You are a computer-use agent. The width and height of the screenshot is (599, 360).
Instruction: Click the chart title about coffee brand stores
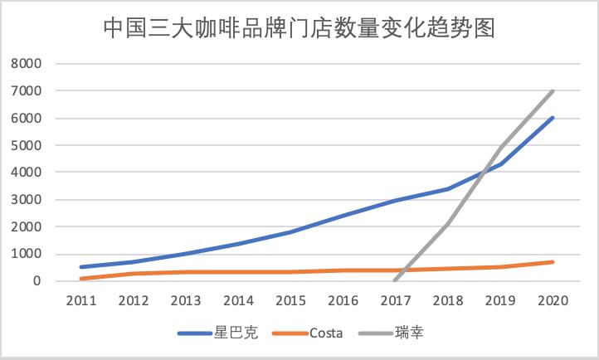(x=299, y=28)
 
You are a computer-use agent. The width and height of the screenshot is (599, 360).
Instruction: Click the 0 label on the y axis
(x=37, y=281)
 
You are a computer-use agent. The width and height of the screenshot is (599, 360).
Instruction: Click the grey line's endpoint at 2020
(x=553, y=91)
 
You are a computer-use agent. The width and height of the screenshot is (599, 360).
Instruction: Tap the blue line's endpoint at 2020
(x=553, y=118)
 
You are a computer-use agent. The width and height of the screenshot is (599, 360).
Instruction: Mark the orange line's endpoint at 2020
(x=553, y=262)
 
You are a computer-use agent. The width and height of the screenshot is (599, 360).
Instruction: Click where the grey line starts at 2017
(x=396, y=280)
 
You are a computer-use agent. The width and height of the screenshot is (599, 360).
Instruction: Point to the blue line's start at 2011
(x=80, y=267)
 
